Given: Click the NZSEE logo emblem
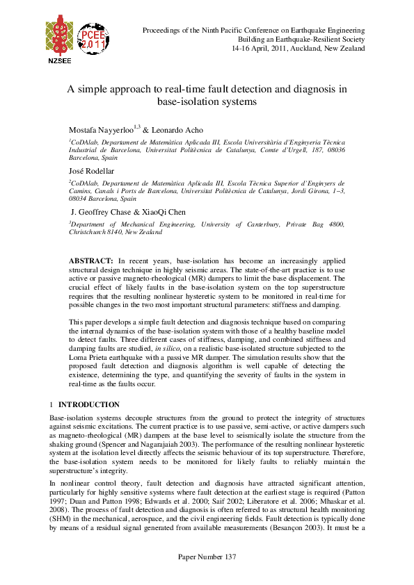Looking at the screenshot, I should (58, 38).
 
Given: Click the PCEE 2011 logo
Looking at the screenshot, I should (93, 41).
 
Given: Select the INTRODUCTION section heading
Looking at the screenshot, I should (88, 404).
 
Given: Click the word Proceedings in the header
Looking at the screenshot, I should (164, 31).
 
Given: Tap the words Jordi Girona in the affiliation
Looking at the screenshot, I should (301, 190).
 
